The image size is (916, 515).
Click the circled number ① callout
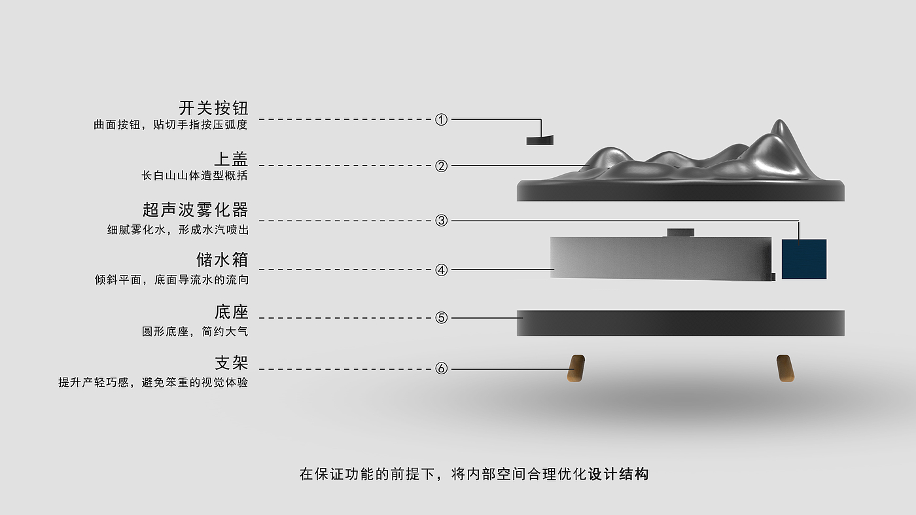tap(442, 120)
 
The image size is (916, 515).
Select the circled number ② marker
tap(442, 166)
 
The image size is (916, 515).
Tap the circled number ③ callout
tap(442, 221)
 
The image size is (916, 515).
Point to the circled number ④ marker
tap(442, 270)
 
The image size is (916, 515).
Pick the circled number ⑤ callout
tap(442, 318)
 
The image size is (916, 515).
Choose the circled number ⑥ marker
tap(442, 369)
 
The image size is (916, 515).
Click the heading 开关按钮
tap(213, 108)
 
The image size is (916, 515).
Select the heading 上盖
tap(231, 159)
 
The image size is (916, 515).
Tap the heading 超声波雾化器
tap(196, 210)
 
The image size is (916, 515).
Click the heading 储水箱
tap(222, 260)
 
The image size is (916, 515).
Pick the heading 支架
tap(231, 363)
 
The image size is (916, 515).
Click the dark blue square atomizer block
tap(804, 259)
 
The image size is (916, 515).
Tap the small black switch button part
tap(540, 140)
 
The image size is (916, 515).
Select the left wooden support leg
tap(576, 368)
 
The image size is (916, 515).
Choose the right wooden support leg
tap(785, 368)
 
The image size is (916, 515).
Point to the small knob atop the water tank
tap(680, 232)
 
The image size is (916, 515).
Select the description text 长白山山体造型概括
tap(195, 176)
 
